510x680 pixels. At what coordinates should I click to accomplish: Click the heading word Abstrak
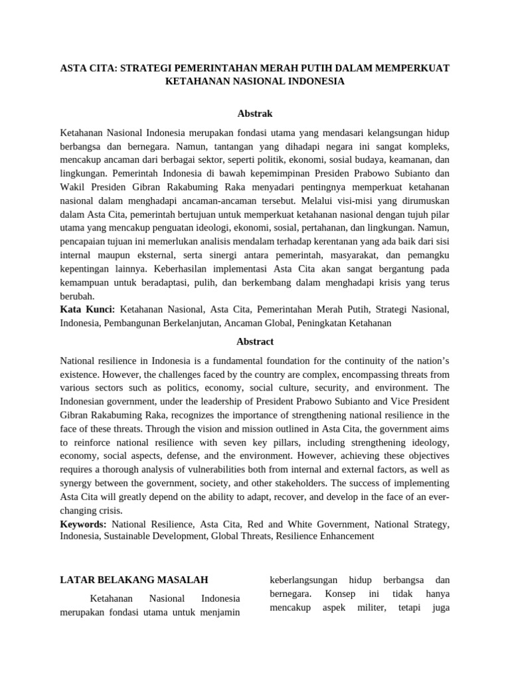255,114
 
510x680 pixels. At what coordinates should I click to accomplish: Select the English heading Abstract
255,341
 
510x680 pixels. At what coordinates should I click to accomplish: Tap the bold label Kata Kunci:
88,309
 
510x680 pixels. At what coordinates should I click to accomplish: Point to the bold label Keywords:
83,523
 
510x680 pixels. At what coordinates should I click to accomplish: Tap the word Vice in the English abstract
391,402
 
